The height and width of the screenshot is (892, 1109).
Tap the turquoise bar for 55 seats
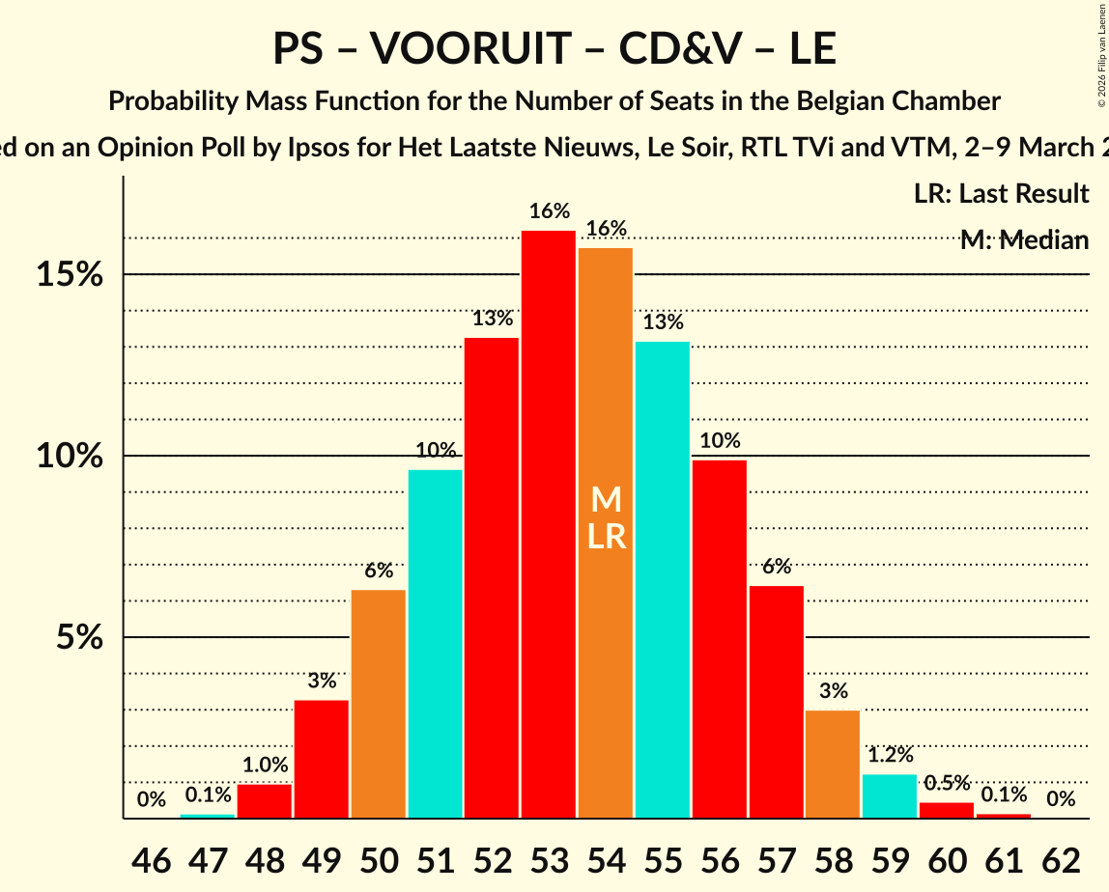pos(663,579)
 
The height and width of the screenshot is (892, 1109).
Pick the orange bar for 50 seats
pos(378,704)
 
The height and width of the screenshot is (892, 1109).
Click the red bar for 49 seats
pos(321,759)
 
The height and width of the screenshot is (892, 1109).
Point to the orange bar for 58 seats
pos(833,765)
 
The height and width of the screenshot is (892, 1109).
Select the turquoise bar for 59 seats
pos(890,796)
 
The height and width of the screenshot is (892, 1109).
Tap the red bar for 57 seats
pos(776,702)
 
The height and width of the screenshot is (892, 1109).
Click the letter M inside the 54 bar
pos(606,499)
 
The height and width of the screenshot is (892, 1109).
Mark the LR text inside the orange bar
pos(606,536)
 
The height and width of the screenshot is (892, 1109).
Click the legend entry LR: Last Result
pos(1001,194)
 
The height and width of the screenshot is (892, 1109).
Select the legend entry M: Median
pos(1024,240)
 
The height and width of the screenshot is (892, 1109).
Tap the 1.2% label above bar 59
pos(890,755)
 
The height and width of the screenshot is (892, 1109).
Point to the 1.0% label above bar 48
pos(265,766)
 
